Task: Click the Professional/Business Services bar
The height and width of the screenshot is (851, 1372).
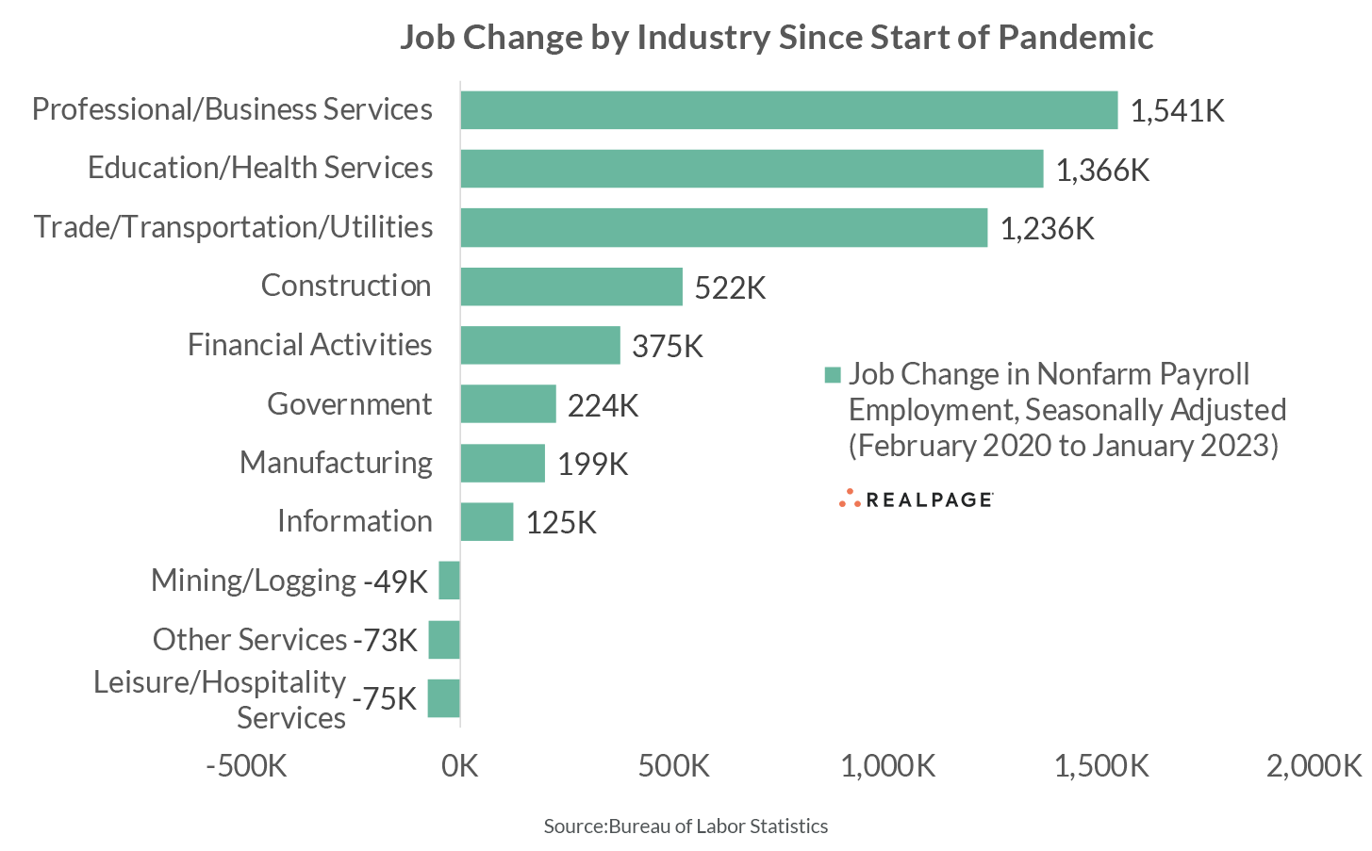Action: [788, 110]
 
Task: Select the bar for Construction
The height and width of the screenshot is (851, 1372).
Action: [571, 286]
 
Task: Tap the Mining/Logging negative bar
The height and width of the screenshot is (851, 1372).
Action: [449, 581]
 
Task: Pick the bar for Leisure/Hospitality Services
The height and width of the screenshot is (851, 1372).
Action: [443, 698]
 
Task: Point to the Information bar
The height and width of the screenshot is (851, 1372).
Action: [487, 522]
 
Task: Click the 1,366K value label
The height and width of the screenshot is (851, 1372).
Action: [1102, 170]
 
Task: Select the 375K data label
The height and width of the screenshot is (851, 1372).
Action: [668, 346]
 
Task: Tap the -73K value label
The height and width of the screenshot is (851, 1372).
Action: [385, 640]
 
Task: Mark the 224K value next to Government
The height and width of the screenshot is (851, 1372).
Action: [603, 405]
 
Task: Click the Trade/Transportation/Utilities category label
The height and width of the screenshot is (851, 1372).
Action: [233, 227]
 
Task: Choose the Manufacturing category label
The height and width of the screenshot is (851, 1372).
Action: [336, 463]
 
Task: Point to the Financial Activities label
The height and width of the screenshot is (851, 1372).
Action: [309, 345]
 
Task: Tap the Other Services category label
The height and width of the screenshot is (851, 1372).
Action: [250, 640]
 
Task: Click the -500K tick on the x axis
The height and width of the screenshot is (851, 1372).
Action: [246, 765]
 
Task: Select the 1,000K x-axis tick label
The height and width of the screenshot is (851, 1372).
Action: [887, 765]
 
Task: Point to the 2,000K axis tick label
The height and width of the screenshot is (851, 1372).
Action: [1314, 765]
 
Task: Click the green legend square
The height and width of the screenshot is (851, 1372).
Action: [832, 375]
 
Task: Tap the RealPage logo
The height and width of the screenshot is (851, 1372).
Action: [916, 499]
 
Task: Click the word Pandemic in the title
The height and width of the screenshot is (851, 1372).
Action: [1075, 38]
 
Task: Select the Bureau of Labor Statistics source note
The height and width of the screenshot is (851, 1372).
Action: [686, 826]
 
